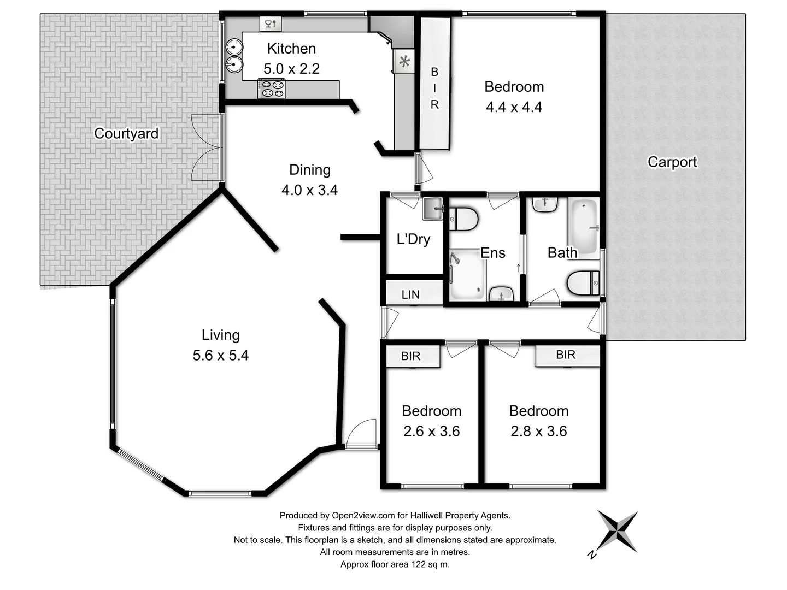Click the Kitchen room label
point(291,49)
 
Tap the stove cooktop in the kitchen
point(272,89)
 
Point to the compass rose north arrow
point(617,530)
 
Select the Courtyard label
point(126,133)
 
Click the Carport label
point(672,162)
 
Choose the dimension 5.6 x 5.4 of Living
point(220,355)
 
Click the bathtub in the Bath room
point(584,227)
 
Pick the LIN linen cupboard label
point(410,294)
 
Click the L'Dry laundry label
point(413,239)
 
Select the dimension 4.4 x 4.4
point(514,107)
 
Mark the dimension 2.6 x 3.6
point(431,431)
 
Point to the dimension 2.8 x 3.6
point(538,431)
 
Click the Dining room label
point(310,170)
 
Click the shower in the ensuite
point(467,274)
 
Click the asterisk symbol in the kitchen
point(404,62)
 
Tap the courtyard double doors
point(206,147)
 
